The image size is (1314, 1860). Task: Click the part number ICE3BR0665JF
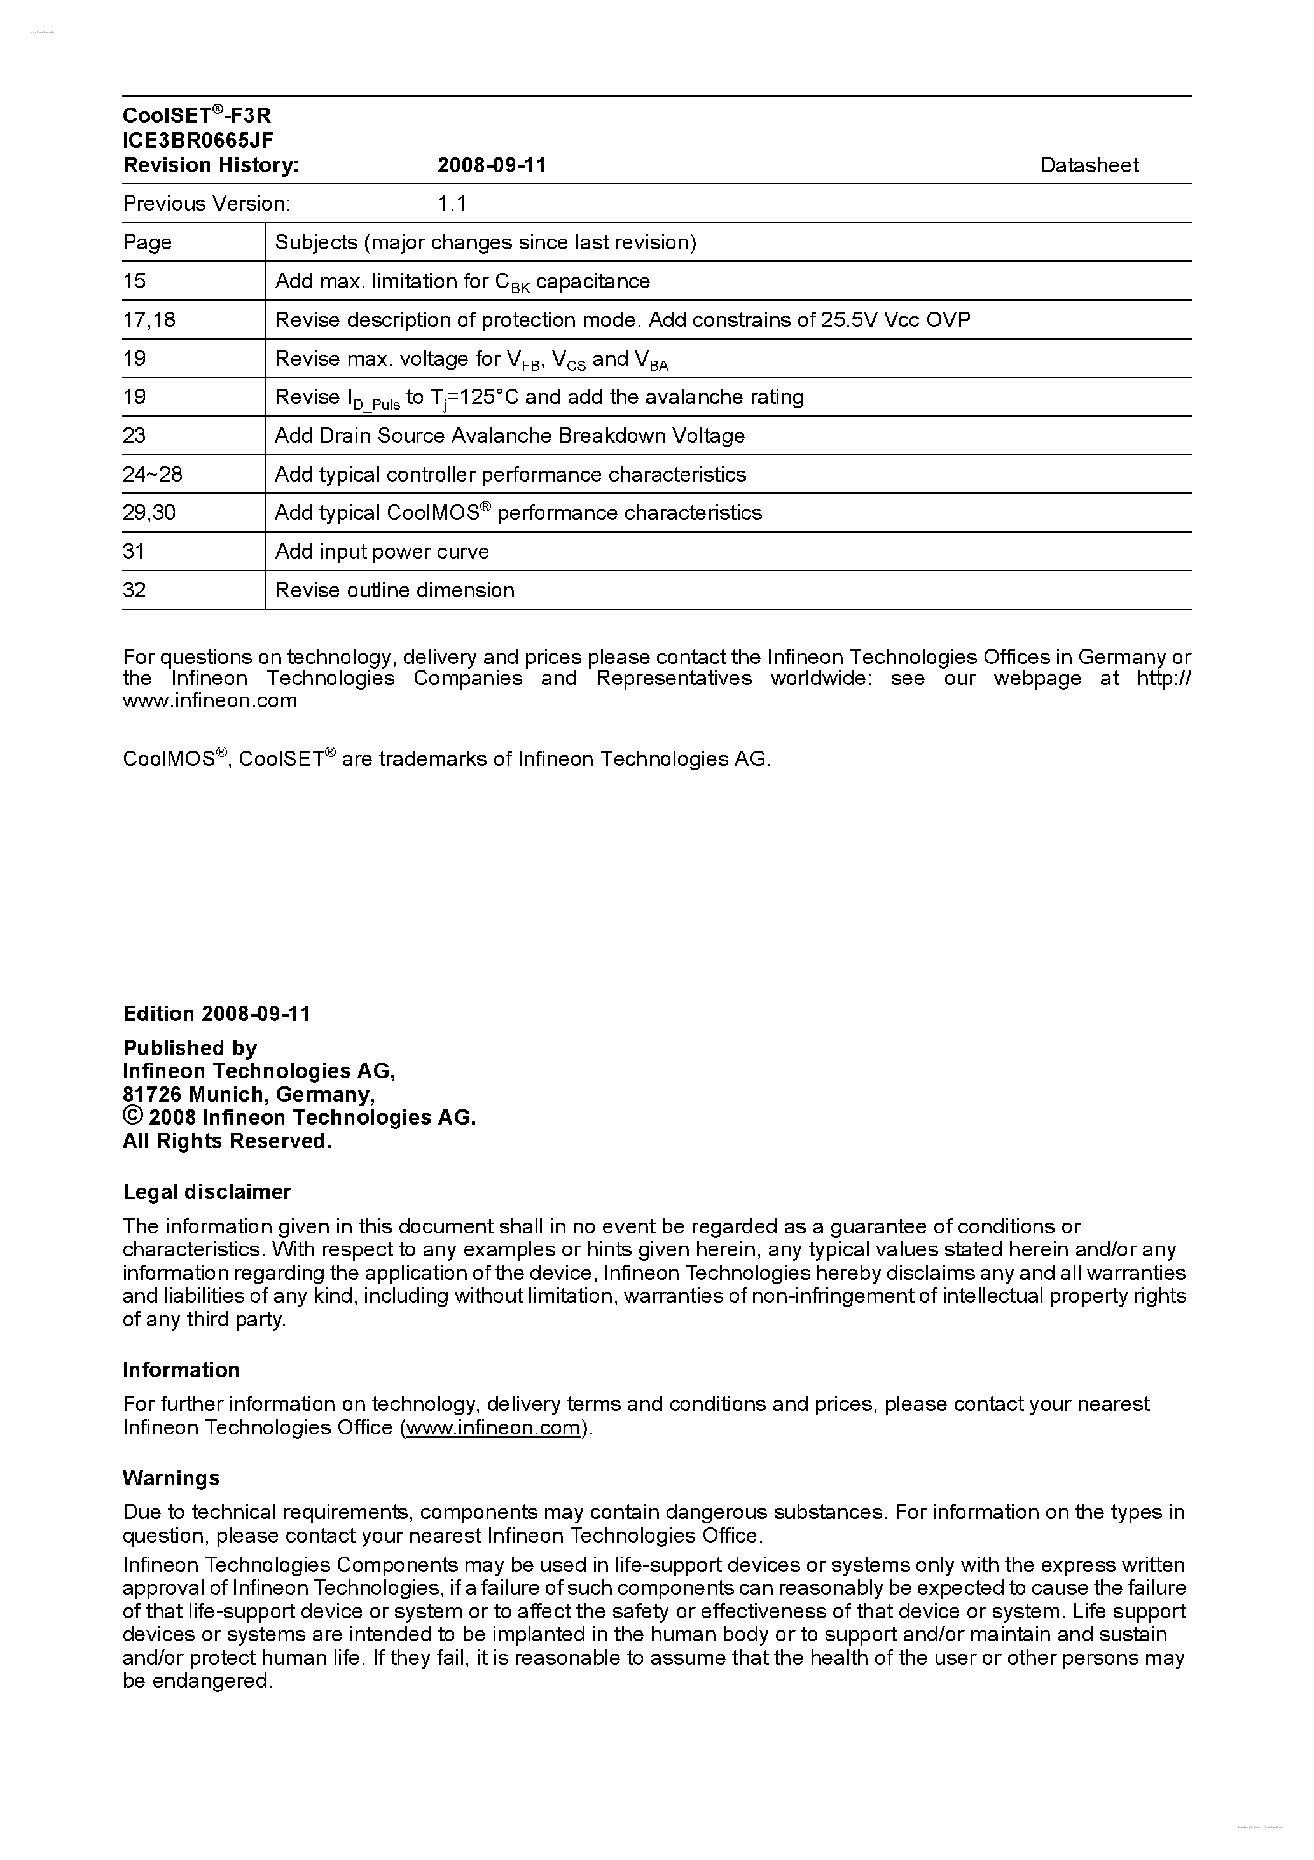tap(198, 140)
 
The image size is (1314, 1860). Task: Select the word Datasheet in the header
tap(1089, 165)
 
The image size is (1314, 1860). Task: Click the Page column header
tap(148, 242)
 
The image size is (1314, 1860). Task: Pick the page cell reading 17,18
tap(149, 320)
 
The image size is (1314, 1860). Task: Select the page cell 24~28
tap(152, 474)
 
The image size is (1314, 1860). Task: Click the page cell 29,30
tap(149, 513)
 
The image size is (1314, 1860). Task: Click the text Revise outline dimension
tap(394, 590)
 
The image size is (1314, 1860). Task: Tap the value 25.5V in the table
tap(849, 320)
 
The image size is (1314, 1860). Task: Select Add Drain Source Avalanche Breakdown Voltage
tap(509, 436)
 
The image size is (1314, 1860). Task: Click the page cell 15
tap(134, 281)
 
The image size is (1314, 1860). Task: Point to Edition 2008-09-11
tap(216, 1013)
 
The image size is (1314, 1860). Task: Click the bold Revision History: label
tap(211, 165)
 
